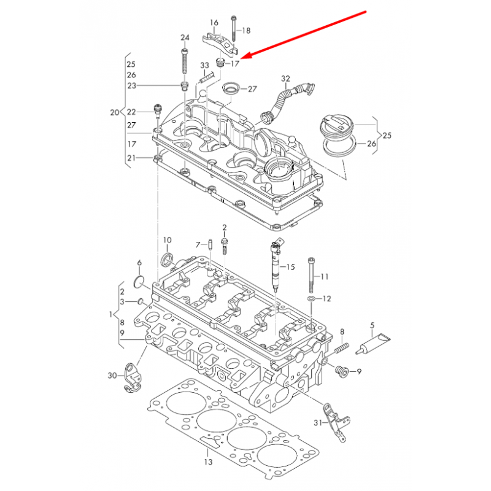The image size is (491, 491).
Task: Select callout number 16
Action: pyautogui.click(x=214, y=23)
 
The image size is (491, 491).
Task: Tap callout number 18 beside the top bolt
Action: pyautogui.click(x=246, y=30)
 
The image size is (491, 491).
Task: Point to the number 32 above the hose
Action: pyautogui.click(x=285, y=79)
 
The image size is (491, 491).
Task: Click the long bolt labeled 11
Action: pyautogui.click(x=314, y=276)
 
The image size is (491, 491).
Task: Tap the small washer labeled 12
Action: pyautogui.click(x=311, y=298)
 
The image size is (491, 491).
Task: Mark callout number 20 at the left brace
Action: pyautogui.click(x=113, y=112)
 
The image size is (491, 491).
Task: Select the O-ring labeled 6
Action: pyautogui.click(x=139, y=283)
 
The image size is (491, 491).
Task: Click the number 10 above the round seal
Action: pyautogui.click(x=167, y=239)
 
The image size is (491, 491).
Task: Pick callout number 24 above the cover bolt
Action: pyautogui.click(x=185, y=38)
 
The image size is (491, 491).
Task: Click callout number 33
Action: pyautogui.click(x=205, y=65)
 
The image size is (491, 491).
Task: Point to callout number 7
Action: pyautogui.click(x=198, y=245)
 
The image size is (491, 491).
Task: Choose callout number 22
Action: pyautogui.click(x=131, y=112)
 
